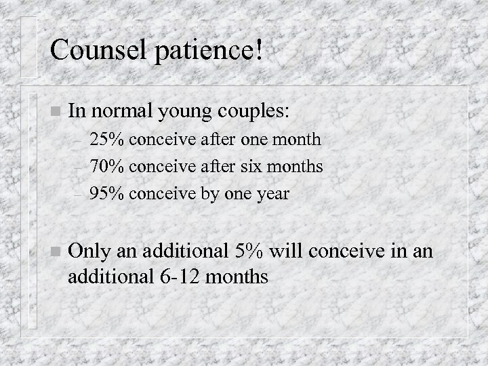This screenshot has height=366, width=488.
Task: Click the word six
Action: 263,167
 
